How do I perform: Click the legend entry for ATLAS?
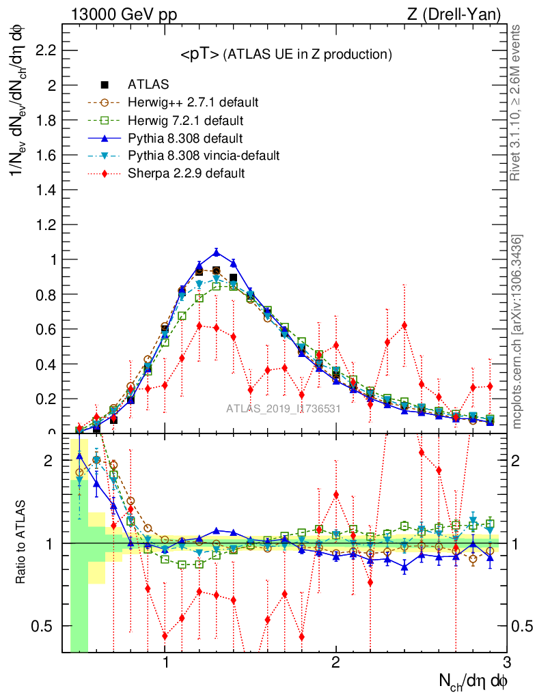click(148, 85)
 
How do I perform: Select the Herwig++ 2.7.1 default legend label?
click(193, 102)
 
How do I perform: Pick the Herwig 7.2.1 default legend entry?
click(185, 120)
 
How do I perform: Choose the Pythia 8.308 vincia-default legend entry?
click(204, 156)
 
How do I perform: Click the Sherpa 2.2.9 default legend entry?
click(186, 173)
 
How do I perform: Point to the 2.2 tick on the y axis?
click(46, 51)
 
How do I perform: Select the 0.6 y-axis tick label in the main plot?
click(46, 329)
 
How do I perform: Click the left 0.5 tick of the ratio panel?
click(46, 626)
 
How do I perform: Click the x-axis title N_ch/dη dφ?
click(473, 681)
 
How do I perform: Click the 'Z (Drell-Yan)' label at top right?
click(461, 14)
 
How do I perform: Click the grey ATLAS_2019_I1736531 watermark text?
click(284, 408)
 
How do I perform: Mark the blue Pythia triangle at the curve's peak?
click(217, 253)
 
